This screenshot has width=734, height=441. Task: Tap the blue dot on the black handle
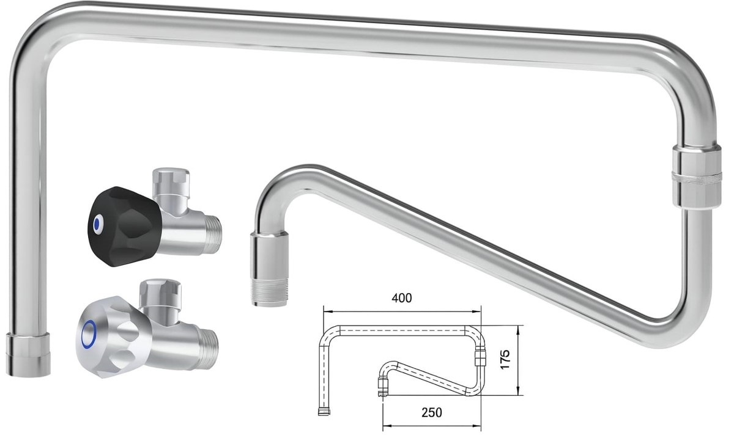97,224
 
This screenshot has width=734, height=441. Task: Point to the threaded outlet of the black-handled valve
213,234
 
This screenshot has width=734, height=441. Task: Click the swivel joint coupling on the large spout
696,177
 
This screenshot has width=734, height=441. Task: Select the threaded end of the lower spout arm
269,292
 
